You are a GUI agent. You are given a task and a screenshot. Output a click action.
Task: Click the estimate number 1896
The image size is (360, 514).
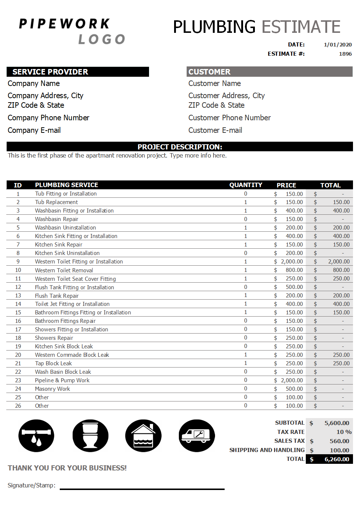click(x=345, y=54)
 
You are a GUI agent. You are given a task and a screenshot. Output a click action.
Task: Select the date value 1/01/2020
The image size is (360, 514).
click(x=337, y=45)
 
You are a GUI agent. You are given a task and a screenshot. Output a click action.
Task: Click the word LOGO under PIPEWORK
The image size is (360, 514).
click(x=102, y=39)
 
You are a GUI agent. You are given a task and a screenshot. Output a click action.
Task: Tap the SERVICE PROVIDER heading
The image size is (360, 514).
click(x=50, y=72)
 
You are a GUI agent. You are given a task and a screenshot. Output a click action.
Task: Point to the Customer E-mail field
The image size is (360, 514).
click(x=215, y=130)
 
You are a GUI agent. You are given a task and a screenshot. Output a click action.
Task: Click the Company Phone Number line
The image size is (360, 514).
click(x=48, y=118)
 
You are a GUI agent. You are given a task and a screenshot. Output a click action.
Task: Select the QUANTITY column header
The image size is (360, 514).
click(x=246, y=185)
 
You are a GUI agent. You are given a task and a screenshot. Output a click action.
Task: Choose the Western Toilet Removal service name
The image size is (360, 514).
click(x=64, y=270)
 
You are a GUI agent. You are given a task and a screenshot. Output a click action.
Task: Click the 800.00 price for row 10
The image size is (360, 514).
click(x=294, y=270)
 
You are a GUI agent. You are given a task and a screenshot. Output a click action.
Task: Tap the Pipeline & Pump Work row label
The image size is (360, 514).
click(x=62, y=380)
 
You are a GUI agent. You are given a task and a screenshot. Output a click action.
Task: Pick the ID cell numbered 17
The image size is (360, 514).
click(x=18, y=330)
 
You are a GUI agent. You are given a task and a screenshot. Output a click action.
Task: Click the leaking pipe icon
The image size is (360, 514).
click(x=36, y=436)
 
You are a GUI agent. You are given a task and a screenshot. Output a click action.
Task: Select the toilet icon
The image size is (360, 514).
click(x=90, y=436)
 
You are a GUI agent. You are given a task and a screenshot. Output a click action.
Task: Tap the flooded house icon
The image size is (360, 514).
click(x=143, y=436)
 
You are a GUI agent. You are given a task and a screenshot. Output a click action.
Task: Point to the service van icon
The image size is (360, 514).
click(x=197, y=436)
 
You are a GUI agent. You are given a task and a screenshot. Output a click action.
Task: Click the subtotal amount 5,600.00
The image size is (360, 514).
click(x=336, y=423)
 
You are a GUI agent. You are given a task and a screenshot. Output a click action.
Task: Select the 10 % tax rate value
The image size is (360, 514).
click(x=344, y=432)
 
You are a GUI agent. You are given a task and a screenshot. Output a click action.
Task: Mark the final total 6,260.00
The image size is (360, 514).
click(x=336, y=459)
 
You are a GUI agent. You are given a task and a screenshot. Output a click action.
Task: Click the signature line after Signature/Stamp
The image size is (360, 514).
click(x=142, y=489)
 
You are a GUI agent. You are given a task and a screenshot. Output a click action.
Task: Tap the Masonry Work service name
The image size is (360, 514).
click(x=52, y=389)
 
